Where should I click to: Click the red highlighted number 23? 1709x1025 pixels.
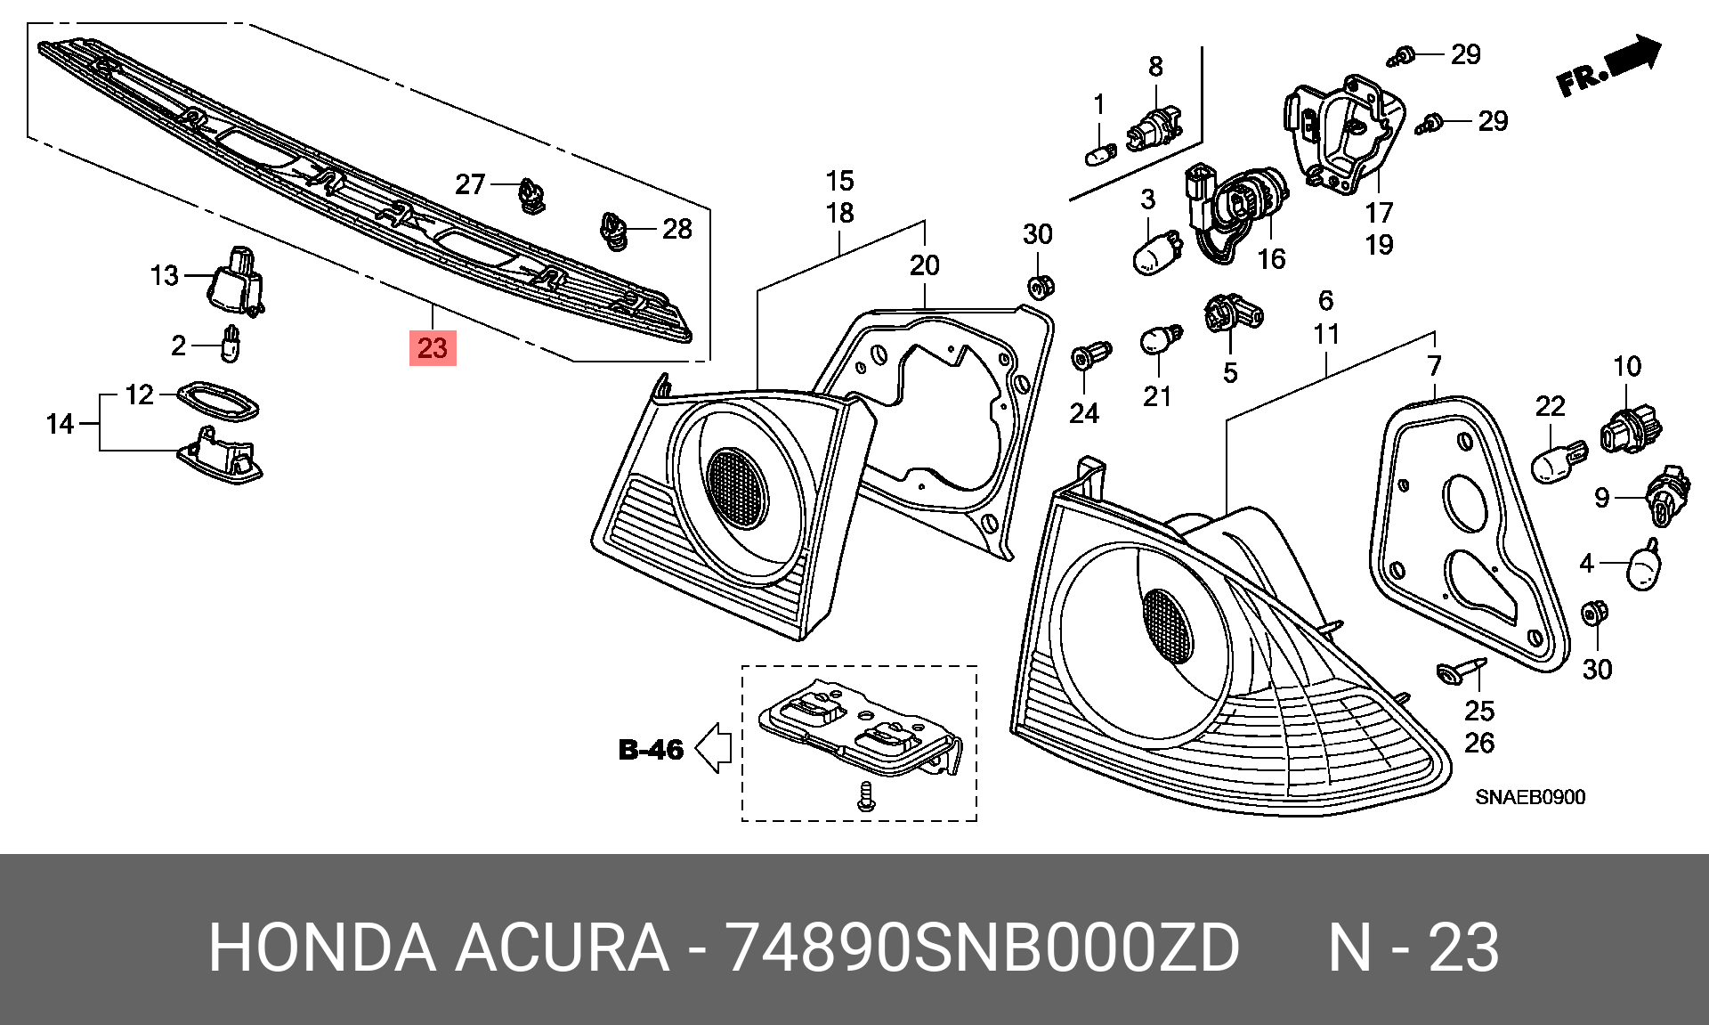tap(433, 347)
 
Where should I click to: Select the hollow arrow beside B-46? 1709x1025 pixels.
tap(713, 747)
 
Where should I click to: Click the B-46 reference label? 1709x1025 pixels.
tap(651, 750)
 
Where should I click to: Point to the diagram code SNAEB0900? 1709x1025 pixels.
tap(1530, 797)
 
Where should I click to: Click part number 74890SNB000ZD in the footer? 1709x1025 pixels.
tap(982, 948)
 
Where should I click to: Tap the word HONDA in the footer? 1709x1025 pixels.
tap(322, 948)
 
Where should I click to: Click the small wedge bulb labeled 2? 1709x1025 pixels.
tap(231, 344)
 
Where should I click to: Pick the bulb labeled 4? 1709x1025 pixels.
tap(1644, 565)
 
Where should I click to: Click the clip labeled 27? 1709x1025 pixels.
tap(533, 195)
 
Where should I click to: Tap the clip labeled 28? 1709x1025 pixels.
tap(613, 231)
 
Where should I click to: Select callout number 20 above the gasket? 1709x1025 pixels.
tap(924, 264)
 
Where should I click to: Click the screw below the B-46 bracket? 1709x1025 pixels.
tap(866, 796)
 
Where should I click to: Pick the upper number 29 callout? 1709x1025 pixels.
tap(1466, 54)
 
